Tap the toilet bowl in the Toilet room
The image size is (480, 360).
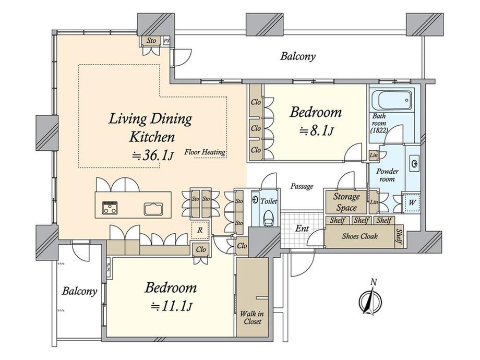pos(269,218)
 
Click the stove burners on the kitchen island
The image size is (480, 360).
pos(109,207)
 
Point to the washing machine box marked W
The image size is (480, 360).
pos(412,202)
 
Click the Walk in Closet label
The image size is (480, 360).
pos(251,317)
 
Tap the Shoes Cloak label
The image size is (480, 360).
pos(360,236)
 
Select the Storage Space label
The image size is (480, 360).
pos(346,202)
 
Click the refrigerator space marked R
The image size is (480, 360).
pos(200,230)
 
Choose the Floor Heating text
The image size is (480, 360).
pos(205,152)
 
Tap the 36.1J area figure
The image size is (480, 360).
pos(153,156)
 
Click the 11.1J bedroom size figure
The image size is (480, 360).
pos(172,306)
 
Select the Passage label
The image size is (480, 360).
pos(302,186)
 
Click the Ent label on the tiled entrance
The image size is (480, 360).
pos(302,229)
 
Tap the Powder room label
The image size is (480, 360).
pos(387,175)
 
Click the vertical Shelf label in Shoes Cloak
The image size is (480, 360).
pos(399,236)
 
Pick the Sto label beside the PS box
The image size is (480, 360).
pos(151,40)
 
